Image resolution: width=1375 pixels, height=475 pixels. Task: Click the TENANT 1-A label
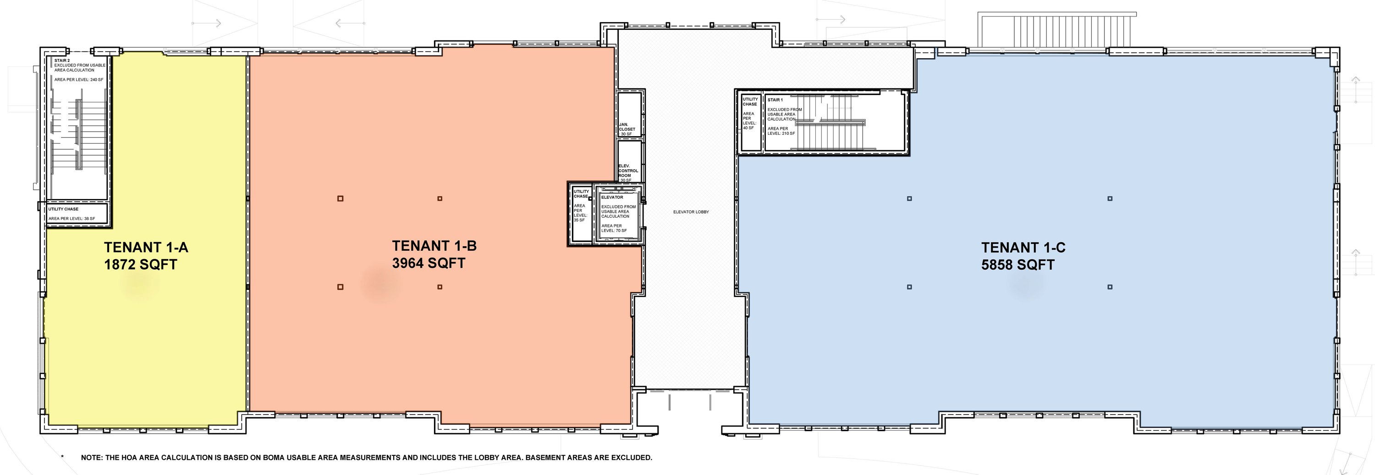[x=146, y=248]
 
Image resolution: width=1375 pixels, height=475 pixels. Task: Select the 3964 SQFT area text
[x=429, y=263]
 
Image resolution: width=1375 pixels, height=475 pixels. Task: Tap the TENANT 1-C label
[x=1023, y=248]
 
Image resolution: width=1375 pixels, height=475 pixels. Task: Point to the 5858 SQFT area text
[x=1018, y=265]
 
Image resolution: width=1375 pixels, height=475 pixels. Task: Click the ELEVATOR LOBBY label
[x=691, y=212]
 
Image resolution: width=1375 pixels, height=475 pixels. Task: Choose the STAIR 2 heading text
[x=62, y=61]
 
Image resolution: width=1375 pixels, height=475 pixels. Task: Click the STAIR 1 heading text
[x=775, y=100]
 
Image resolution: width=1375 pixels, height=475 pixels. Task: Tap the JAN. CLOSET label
[x=627, y=127]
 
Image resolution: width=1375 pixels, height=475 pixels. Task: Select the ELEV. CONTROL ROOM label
[x=628, y=171]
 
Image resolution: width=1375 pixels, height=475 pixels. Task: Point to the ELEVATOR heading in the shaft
[x=612, y=198]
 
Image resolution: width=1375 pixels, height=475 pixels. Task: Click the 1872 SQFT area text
[x=140, y=265]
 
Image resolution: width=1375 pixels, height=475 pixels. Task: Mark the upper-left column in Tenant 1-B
[x=341, y=199]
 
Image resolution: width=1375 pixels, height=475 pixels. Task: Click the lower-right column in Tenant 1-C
[x=1110, y=287]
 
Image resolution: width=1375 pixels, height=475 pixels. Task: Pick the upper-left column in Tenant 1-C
[x=909, y=199]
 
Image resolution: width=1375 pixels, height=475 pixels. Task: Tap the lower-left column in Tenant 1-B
[x=341, y=287]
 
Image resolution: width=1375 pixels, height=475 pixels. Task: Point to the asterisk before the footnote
[x=62, y=456]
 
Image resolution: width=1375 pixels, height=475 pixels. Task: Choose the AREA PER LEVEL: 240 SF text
[x=79, y=79]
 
